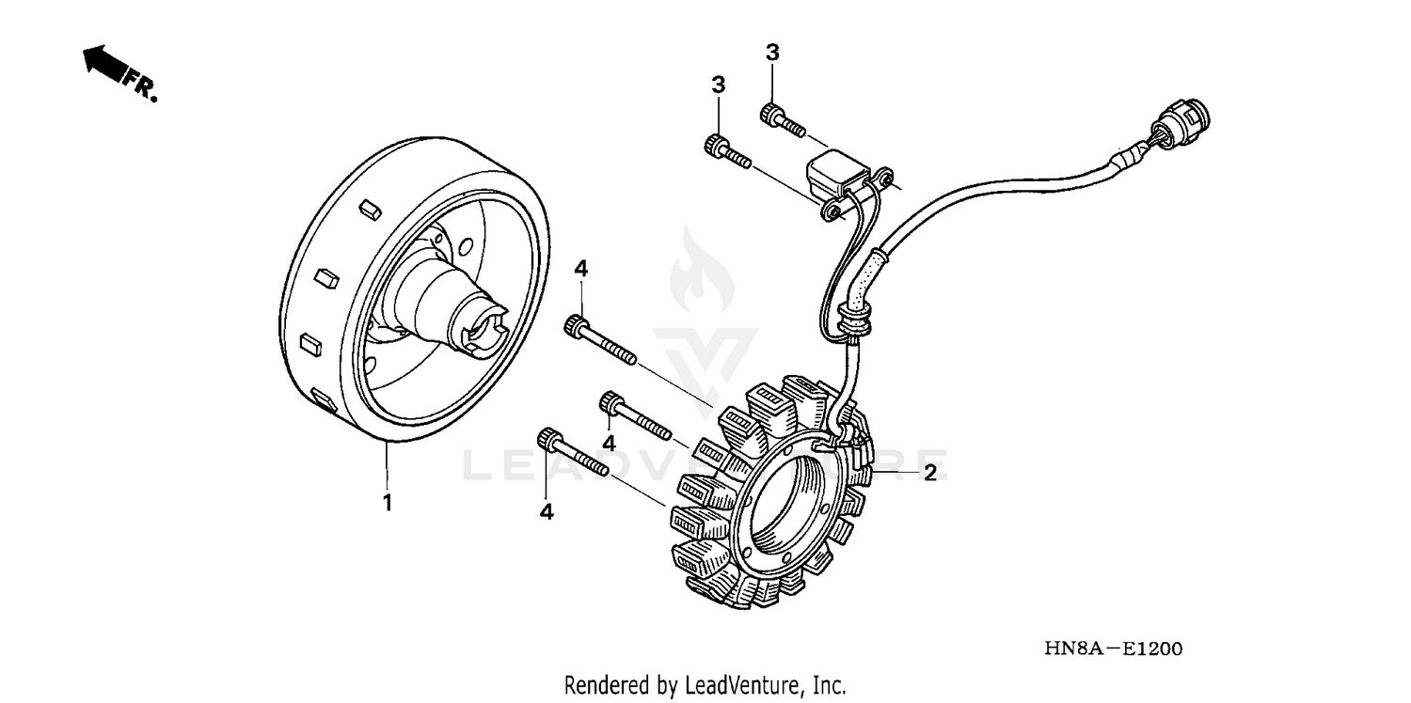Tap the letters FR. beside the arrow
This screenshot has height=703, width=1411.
pos(141,86)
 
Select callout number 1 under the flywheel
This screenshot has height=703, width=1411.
pos(386,503)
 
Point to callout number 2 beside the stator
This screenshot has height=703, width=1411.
pos(929,473)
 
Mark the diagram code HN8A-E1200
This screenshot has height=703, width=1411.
pos(1112,649)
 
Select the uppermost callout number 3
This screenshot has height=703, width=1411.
pos(772,54)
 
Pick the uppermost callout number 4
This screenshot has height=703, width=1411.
pos(580,269)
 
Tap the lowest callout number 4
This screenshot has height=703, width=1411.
pos(546,511)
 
